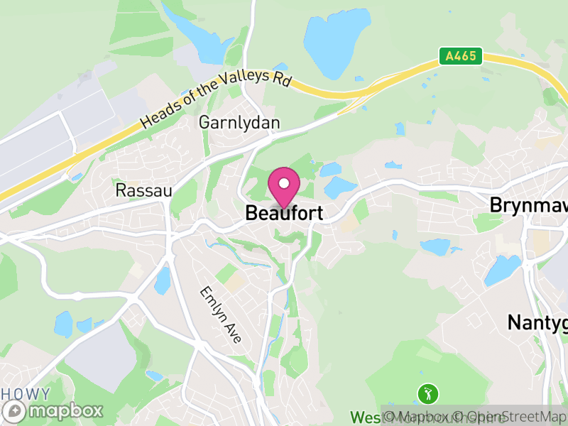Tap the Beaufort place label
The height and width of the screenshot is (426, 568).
[284, 212]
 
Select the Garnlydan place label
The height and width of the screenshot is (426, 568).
[239, 122]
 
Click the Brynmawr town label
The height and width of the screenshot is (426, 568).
[528, 204]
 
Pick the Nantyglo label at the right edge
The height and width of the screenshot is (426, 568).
[537, 322]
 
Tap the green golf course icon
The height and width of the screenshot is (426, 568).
[427, 393]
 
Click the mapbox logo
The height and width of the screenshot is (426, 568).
[54, 410]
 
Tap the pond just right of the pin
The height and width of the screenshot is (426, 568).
[339, 187]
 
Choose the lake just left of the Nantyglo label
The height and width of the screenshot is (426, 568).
[502, 271]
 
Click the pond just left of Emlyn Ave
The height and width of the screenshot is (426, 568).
[163, 280]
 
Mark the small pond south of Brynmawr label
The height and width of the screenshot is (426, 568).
[434, 247]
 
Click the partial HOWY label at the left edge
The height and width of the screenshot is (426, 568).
[25, 394]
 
